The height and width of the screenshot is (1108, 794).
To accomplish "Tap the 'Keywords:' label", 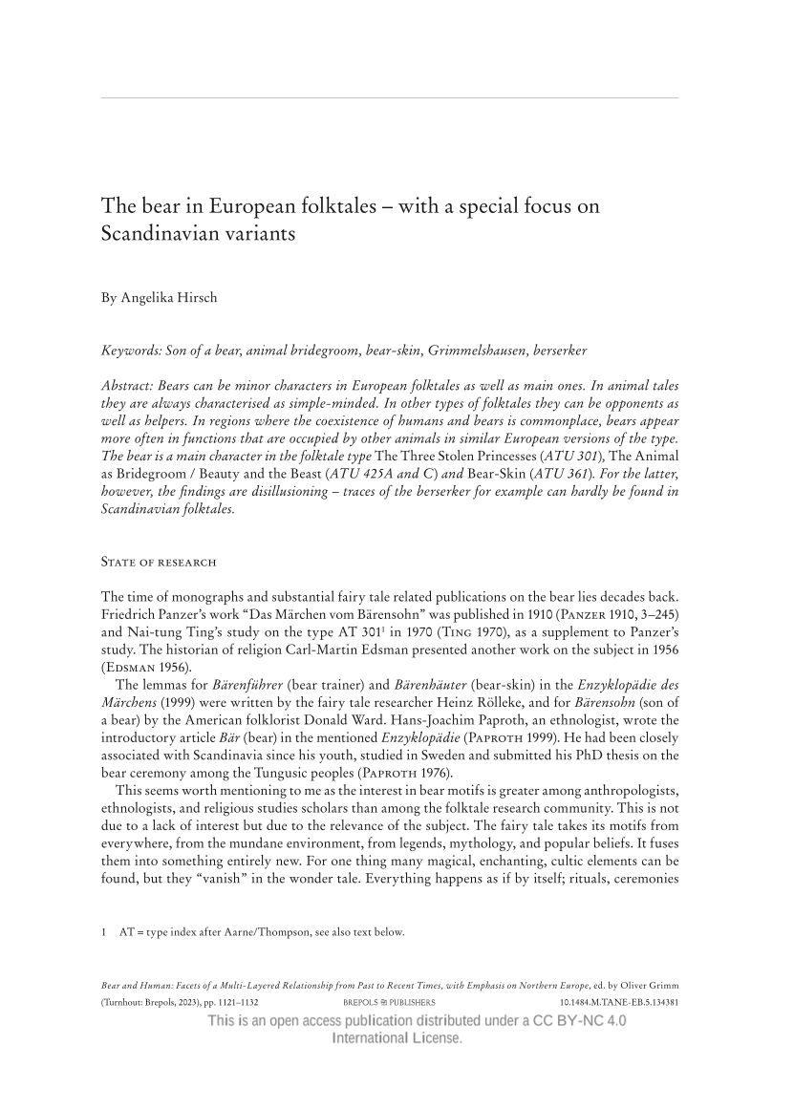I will coord(131,351).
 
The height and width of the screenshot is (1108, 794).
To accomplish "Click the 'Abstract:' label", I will coord(130,385).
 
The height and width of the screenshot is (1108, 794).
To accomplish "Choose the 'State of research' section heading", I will coord(159,561).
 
